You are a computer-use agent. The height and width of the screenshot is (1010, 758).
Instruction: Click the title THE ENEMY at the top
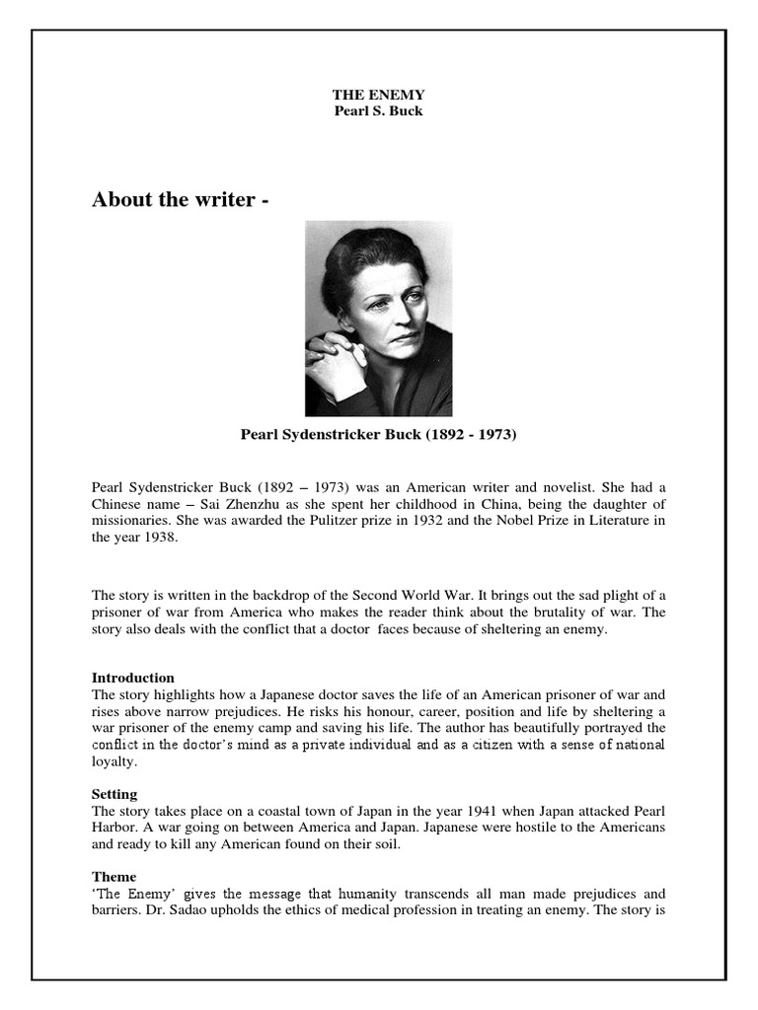378,95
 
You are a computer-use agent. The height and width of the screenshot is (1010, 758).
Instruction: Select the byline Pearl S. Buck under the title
378,109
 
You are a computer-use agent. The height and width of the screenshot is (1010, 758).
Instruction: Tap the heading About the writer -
180,200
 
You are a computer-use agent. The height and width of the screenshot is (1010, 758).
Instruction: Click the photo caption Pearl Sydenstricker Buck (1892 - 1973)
379,434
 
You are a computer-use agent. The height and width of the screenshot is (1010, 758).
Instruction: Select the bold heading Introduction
133,678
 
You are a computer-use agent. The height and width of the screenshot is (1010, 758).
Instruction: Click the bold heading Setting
114,794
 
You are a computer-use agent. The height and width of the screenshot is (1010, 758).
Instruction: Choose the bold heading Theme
114,877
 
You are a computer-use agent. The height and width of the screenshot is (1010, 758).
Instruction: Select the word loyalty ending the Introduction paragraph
114,761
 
